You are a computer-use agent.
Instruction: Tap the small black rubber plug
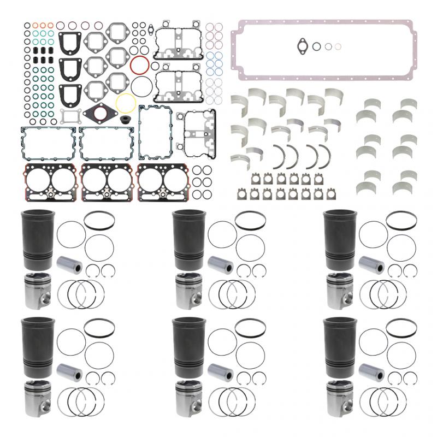coord(131,120)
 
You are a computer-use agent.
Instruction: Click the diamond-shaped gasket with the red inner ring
coord(100,116)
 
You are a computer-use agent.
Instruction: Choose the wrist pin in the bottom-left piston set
coord(69,374)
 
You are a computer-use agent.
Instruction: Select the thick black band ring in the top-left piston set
coord(99,220)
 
